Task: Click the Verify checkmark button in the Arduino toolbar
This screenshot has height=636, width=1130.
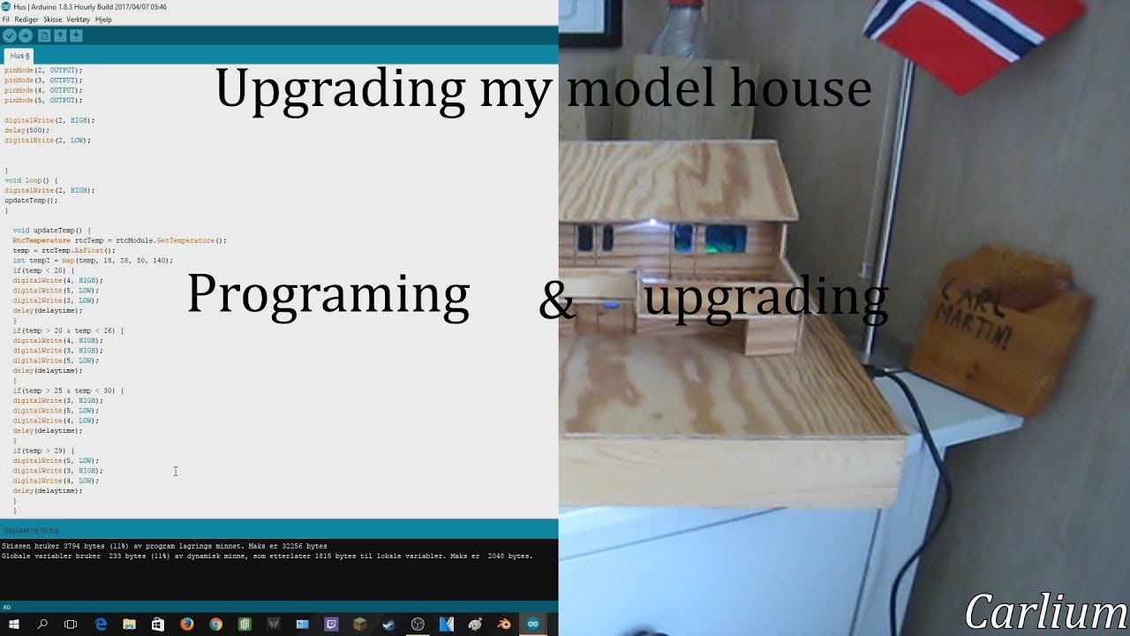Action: [10, 35]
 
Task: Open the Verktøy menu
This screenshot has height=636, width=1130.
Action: [78, 19]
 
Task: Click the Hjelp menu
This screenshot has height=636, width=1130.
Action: [103, 19]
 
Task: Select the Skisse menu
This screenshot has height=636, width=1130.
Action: [52, 19]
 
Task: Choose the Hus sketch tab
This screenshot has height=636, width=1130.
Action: [19, 56]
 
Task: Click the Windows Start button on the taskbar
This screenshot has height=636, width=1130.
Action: [14, 624]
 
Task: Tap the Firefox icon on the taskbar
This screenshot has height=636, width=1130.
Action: [186, 624]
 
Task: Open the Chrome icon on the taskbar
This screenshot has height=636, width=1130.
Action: [215, 624]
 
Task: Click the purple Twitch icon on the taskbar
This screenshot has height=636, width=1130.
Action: [331, 624]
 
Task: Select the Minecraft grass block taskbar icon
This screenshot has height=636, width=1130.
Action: [359, 624]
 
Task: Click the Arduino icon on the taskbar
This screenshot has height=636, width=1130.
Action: [532, 624]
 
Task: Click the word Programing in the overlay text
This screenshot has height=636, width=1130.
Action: [328, 295]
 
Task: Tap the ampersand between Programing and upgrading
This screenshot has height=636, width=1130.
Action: [556, 301]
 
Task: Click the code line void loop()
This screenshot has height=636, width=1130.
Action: [31, 180]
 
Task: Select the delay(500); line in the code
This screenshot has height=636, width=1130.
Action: [27, 130]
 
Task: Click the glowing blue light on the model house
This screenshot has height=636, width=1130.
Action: [611, 306]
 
